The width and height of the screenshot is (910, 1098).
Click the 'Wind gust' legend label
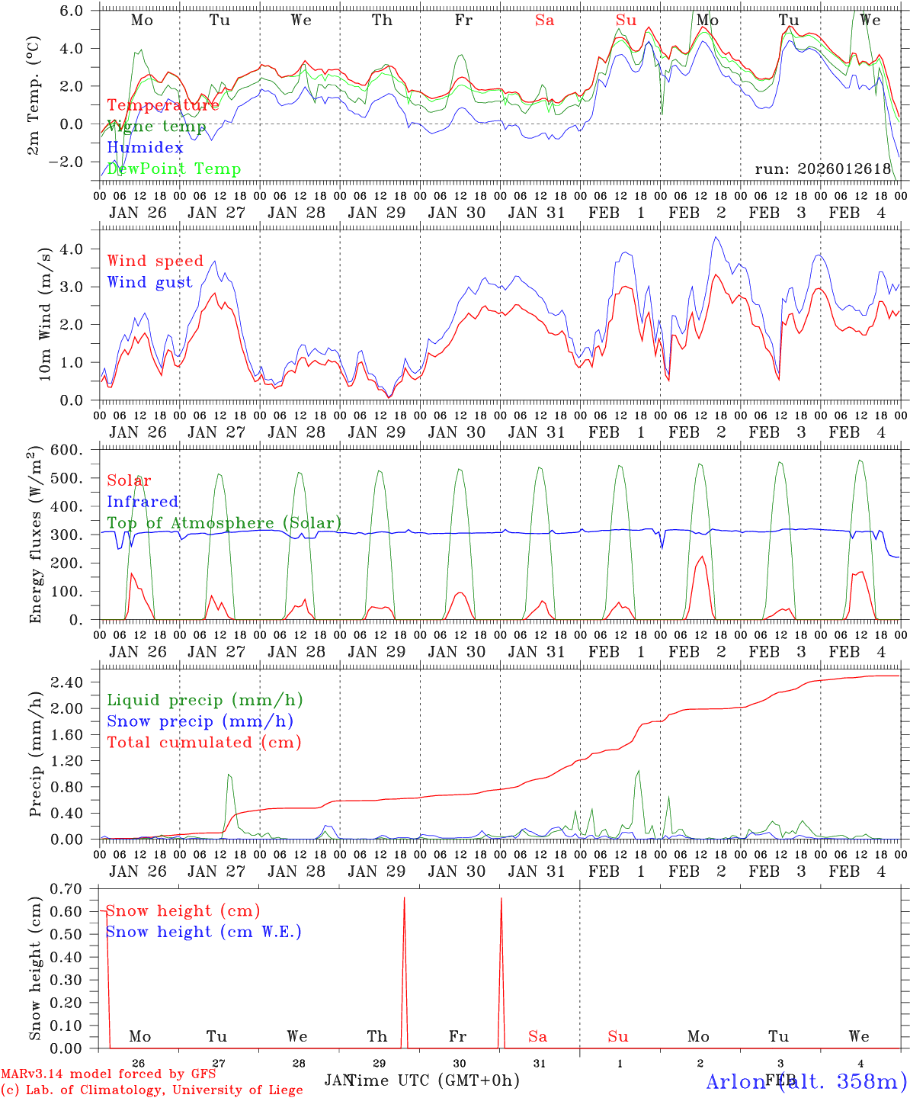pyautogui.click(x=149, y=282)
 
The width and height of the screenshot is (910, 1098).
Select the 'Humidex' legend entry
pyautogui.click(x=145, y=148)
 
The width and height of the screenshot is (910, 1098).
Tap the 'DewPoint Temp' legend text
pyautogui.click(x=174, y=169)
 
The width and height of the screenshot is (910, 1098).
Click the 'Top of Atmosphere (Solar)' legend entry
pyautogui.click(x=223, y=523)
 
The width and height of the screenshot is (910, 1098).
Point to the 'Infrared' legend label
pyautogui.click(x=143, y=502)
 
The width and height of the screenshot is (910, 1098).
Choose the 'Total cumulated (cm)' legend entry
pyautogui.click(x=203, y=743)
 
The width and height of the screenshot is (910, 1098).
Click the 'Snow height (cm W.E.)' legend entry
pyautogui.click(x=203, y=932)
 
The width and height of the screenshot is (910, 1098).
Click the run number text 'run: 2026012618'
pyautogui.click(x=822, y=169)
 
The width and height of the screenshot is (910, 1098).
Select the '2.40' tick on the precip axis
pyautogui.click(x=75, y=682)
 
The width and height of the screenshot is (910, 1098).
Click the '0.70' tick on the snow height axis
pyautogui.click(x=75, y=888)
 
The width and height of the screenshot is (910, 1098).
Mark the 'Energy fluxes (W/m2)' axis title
pyautogui.click(x=36, y=537)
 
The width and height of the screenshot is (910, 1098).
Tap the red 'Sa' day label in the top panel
pyautogui.click(x=544, y=21)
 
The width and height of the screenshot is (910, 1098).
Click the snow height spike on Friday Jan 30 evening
pyautogui.click(x=501, y=900)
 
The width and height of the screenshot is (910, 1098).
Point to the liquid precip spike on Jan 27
pyautogui.click(x=229, y=776)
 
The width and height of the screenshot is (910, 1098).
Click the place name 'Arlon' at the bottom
pyautogui.click(x=735, y=1082)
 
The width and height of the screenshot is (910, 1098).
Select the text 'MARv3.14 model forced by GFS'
pyautogui.click(x=108, y=1074)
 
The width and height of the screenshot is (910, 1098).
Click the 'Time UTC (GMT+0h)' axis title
pyautogui.click(x=433, y=1080)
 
